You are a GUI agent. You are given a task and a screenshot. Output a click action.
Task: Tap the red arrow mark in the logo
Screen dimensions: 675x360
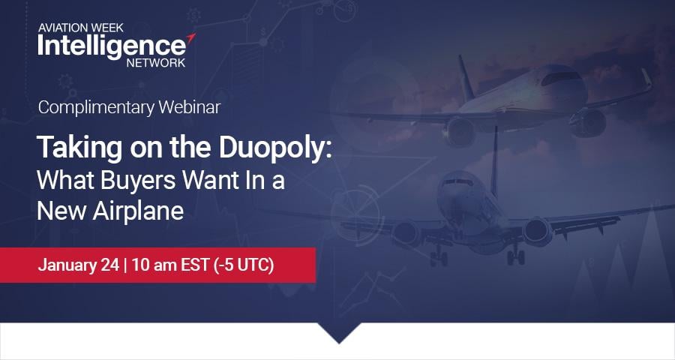[190, 38]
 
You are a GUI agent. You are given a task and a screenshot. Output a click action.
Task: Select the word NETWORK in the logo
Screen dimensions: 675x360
[156, 62]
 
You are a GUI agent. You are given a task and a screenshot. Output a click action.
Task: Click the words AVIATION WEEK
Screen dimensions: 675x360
[80, 28]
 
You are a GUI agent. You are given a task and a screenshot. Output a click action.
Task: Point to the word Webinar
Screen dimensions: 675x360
[190, 107]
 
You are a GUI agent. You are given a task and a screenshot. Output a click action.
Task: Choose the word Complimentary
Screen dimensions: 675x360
[96, 108]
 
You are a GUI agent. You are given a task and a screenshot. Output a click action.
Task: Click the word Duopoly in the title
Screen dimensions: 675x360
[275, 148]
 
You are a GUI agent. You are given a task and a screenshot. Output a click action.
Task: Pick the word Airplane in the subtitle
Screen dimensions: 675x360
[138, 211]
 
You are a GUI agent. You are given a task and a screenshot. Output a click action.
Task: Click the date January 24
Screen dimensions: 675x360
[78, 265]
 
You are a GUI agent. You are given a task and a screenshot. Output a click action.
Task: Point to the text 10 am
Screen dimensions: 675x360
[154, 265]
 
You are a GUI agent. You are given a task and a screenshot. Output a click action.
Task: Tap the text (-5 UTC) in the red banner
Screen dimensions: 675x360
[244, 265]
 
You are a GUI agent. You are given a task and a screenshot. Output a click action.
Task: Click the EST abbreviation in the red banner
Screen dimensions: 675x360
[195, 265]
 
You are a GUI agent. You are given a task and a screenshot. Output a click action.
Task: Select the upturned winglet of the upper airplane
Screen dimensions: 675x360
[646, 79]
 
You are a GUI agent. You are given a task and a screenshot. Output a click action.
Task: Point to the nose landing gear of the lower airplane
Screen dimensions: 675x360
[439, 256]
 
